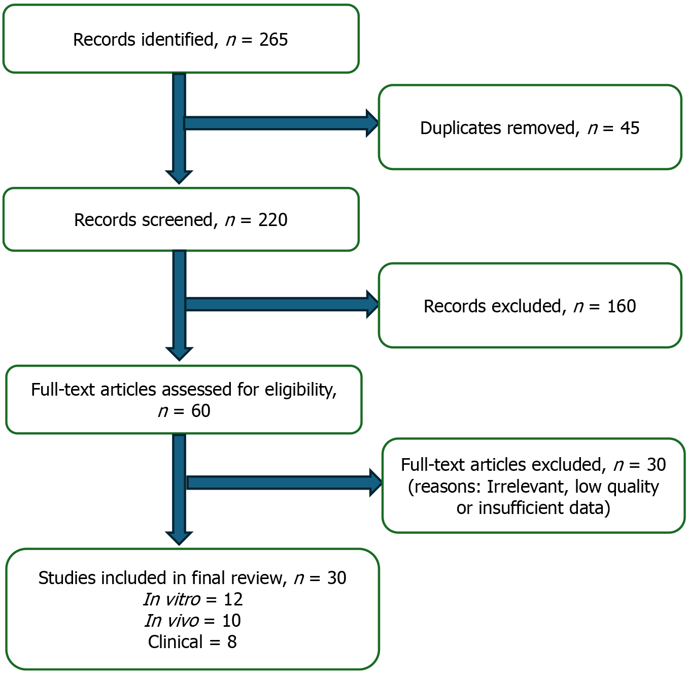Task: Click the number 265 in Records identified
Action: tap(273, 39)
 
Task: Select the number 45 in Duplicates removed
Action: tap(630, 128)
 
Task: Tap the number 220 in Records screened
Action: tap(272, 220)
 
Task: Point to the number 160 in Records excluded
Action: tap(622, 306)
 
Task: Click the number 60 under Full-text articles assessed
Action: tap(201, 411)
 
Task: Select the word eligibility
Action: tap(300, 390)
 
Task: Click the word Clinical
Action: tap(176, 642)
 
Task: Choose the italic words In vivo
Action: tap(172, 621)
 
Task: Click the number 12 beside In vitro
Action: tap(233, 599)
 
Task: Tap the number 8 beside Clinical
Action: tap(232, 642)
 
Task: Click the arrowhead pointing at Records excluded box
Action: tap(372, 304)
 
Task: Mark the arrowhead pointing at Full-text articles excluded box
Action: tap(376, 483)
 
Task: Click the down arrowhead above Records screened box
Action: tap(179, 177)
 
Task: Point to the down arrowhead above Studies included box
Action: tap(179, 538)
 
